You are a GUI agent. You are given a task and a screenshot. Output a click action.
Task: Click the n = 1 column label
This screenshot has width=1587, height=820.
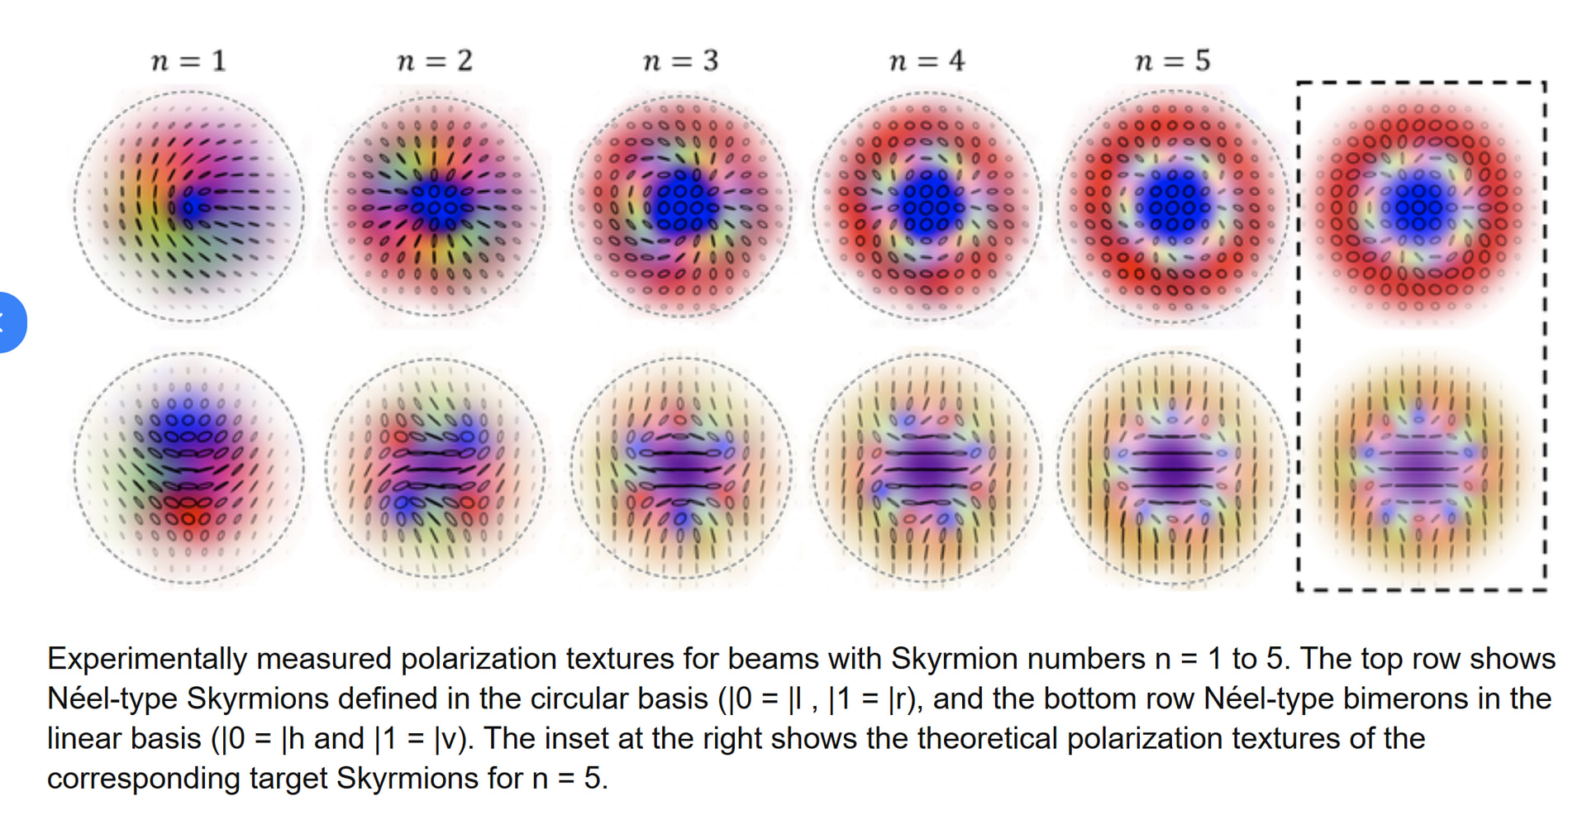[188, 60]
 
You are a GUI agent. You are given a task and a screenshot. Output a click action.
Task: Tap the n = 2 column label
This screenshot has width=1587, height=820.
[435, 60]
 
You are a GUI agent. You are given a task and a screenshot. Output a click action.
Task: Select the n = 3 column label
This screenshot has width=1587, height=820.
[681, 60]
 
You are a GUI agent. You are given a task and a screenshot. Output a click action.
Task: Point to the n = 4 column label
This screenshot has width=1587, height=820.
[927, 60]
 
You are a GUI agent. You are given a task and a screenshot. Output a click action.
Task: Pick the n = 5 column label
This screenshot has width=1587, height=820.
[1173, 60]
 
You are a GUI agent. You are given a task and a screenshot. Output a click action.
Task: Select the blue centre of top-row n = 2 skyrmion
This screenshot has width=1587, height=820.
[436, 203]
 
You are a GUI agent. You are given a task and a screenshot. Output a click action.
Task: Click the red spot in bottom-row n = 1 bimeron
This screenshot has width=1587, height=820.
[188, 518]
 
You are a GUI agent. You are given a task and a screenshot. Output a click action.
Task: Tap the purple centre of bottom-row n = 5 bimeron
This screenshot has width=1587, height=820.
[1172, 470]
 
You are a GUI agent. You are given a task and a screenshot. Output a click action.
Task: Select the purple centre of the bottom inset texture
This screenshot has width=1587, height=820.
[1418, 470]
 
